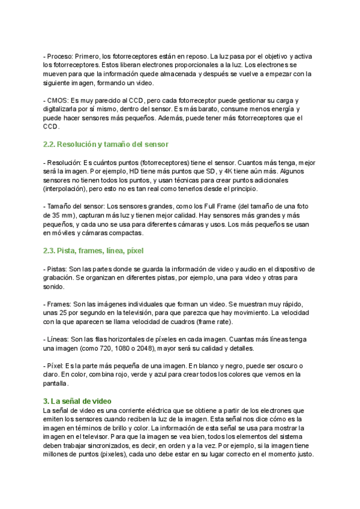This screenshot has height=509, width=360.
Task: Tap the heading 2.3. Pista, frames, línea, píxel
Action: [93, 250]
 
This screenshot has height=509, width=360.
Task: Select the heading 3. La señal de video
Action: [82, 401]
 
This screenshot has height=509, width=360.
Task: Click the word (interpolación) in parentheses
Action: [65, 189]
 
